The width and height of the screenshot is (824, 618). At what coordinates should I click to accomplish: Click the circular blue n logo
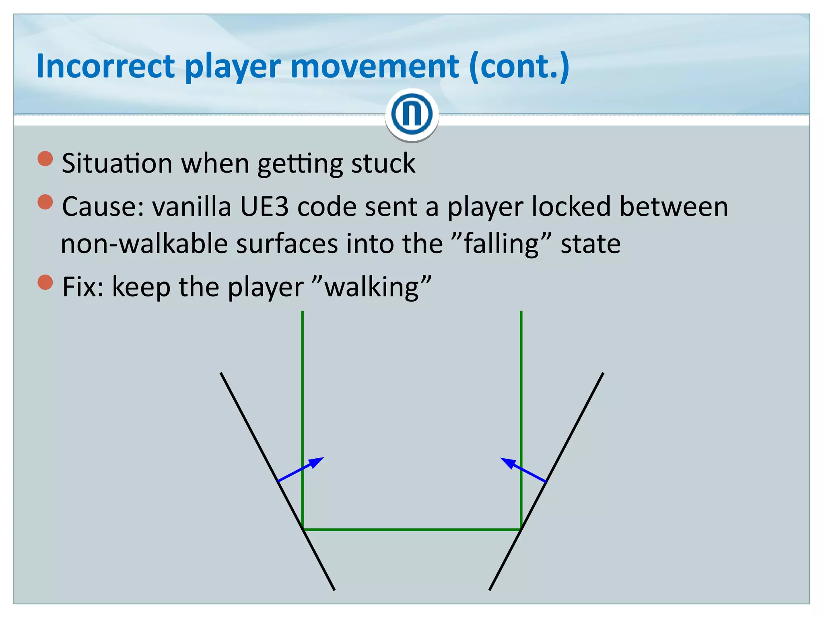[x=412, y=114]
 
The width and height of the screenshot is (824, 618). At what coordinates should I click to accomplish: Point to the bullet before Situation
[x=45, y=159]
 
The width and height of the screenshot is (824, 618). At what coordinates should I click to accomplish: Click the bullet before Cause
[x=45, y=202]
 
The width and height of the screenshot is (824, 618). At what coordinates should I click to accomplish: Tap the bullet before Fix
[x=45, y=282]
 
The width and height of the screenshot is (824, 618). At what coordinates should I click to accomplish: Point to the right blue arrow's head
[x=507, y=461]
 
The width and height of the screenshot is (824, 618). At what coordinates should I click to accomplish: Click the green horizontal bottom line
[x=412, y=529]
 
